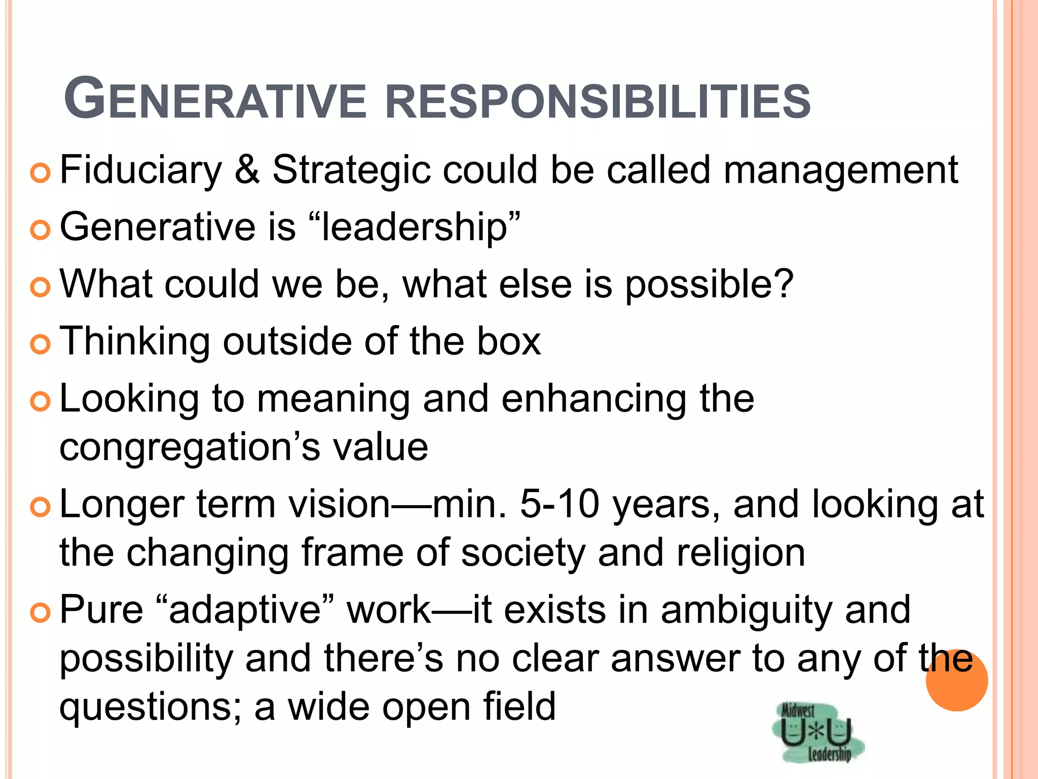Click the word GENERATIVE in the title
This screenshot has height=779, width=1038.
(x=215, y=99)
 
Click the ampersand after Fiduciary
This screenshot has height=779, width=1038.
(x=247, y=170)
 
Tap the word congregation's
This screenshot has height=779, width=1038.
(x=190, y=448)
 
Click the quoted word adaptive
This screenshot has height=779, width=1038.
(x=245, y=611)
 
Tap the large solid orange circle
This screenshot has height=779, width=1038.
(x=956, y=680)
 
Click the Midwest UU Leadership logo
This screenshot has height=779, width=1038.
(x=817, y=731)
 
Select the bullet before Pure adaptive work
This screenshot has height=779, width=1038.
(x=40, y=613)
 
